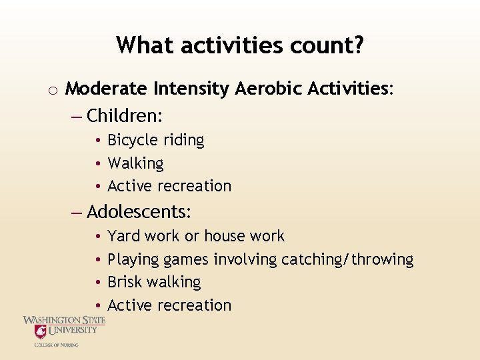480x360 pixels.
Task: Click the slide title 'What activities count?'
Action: (x=240, y=45)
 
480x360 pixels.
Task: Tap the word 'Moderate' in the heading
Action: (x=107, y=89)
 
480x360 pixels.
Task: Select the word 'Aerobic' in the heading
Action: (x=268, y=89)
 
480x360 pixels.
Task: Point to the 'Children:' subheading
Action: (x=125, y=115)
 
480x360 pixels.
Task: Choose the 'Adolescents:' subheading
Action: (x=139, y=212)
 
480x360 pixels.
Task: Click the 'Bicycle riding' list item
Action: (x=155, y=140)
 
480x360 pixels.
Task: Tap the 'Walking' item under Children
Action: (x=135, y=163)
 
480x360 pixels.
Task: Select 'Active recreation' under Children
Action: (x=169, y=186)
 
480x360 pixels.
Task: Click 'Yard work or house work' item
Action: (x=196, y=236)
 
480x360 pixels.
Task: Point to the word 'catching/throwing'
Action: (x=347, y=259)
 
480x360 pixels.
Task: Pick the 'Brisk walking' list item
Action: (x=154, y=282)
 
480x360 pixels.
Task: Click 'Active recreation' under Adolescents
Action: (x=169, y=305)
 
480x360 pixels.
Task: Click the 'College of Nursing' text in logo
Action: (x=57, y=345)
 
